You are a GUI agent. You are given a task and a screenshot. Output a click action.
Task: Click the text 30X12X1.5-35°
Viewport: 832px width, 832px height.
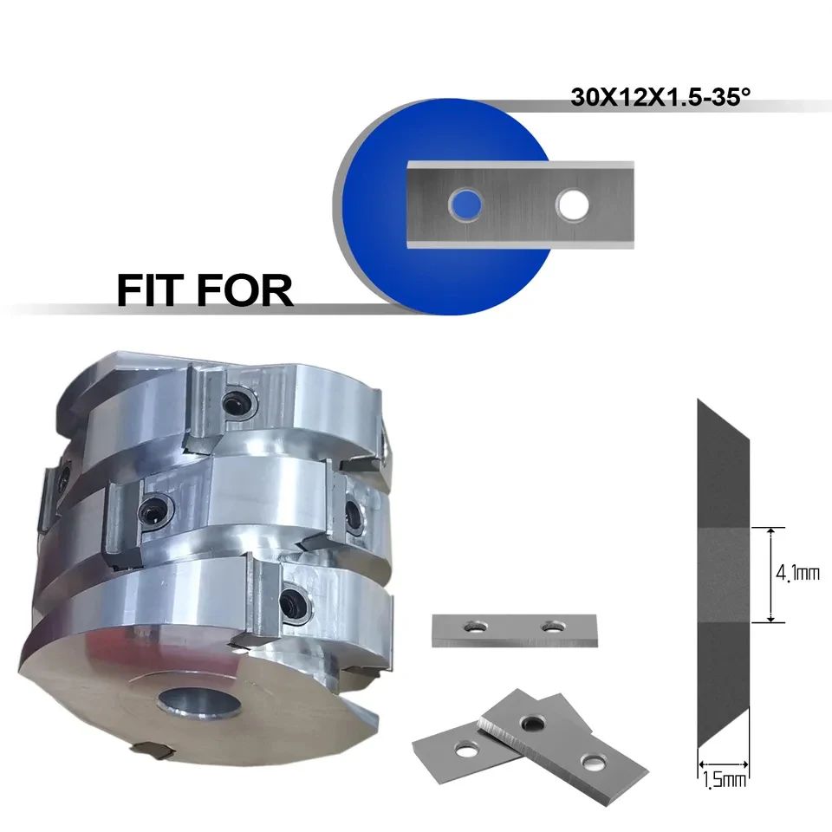click(x=660, y=97)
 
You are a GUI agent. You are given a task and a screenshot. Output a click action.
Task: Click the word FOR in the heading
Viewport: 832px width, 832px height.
click(x=244, y=290)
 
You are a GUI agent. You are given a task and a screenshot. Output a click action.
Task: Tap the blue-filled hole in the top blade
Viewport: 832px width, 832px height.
click(x=465, y=205)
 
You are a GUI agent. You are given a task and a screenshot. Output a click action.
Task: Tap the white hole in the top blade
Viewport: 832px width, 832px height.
click(x=572, y=205)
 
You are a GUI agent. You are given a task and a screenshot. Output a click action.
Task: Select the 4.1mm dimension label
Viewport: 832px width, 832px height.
click(x=797, y=573)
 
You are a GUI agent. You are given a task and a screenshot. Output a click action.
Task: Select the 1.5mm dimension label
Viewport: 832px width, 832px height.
click(x=725, y=780)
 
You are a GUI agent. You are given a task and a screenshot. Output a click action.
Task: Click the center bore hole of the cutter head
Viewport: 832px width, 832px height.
click(x=199, y=704)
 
